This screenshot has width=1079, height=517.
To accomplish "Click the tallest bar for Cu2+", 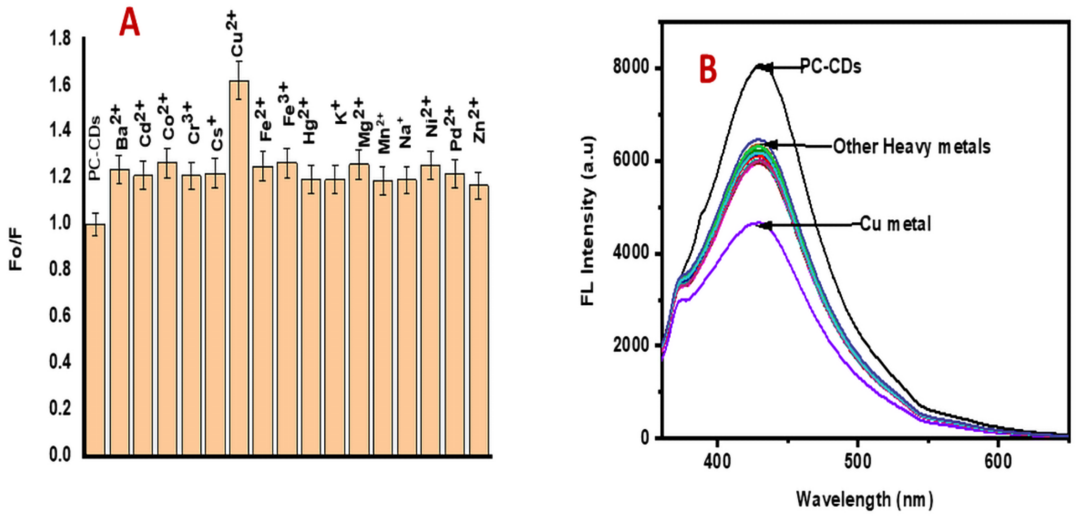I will click(239, 268).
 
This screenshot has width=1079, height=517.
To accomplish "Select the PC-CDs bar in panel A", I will click(95, 339).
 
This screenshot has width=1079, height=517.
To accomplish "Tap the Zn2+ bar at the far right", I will click(479, 320).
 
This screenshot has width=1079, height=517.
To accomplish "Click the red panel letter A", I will click(129, 23).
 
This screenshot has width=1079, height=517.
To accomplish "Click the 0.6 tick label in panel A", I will click(60, 315).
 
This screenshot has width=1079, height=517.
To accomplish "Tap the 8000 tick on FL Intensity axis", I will click(630, 67).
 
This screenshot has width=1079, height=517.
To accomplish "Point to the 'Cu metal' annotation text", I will click(895, 224).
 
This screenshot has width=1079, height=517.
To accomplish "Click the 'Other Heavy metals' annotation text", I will click(912, 147).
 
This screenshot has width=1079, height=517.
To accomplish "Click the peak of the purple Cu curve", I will click(758, 223).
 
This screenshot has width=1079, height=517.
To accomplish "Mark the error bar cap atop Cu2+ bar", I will click(239, 61).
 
